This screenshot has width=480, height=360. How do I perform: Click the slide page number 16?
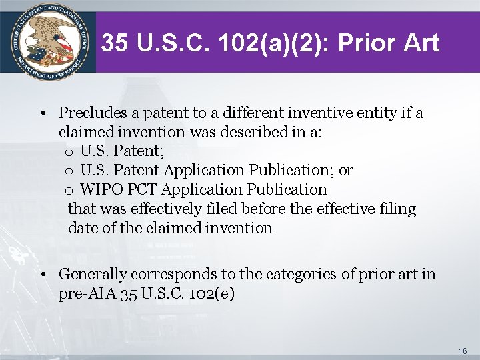pos(463,350)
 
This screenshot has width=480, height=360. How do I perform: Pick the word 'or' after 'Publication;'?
pos(345,170)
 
